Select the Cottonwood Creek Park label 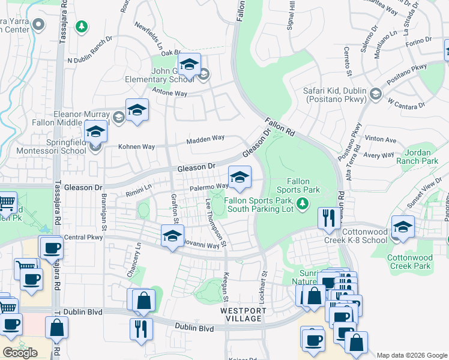409,262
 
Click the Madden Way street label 205,139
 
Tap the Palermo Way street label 209,188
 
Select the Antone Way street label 170,94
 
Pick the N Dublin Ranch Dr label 90,59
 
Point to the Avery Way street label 379,155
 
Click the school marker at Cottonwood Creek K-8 403,227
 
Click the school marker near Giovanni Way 172,235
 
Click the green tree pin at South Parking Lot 303,205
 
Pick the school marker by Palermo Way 240,176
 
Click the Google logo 20,352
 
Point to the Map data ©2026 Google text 411,355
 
